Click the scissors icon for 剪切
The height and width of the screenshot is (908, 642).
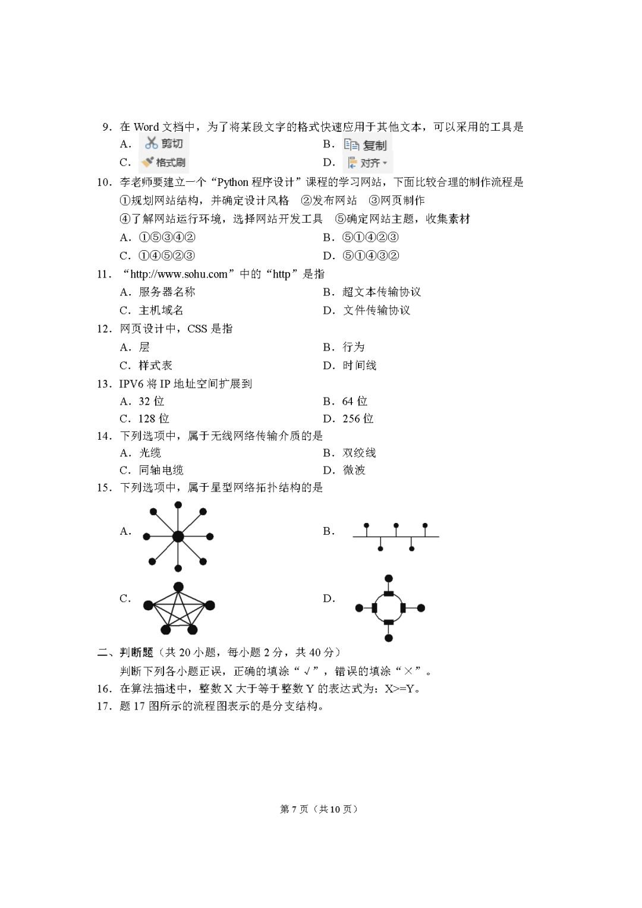[x=152, y=143]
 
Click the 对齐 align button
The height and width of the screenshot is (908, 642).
[x=368, y=163]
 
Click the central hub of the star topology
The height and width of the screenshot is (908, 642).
[x=178, y=537]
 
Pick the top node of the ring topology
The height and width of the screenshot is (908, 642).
[x=389, y=578]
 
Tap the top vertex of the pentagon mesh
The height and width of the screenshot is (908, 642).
[x=178, y=587]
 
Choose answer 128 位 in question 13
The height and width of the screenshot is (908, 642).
[x=153, y=418]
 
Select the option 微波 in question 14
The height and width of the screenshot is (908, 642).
[x=354, y=470]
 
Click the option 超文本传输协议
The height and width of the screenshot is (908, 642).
[x=381, y=292]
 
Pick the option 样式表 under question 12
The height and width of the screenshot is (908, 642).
[x=155, y=365]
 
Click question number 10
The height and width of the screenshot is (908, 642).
[x=104, y=182]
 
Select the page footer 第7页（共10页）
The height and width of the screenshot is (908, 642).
[x=319, y=809]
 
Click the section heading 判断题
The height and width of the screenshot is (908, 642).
[x=137, y=652]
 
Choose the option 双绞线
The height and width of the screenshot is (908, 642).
[x=359, y=453]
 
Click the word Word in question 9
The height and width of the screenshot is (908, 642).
[x=146, y=127]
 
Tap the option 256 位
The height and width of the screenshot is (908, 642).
[x=358, y=418]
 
